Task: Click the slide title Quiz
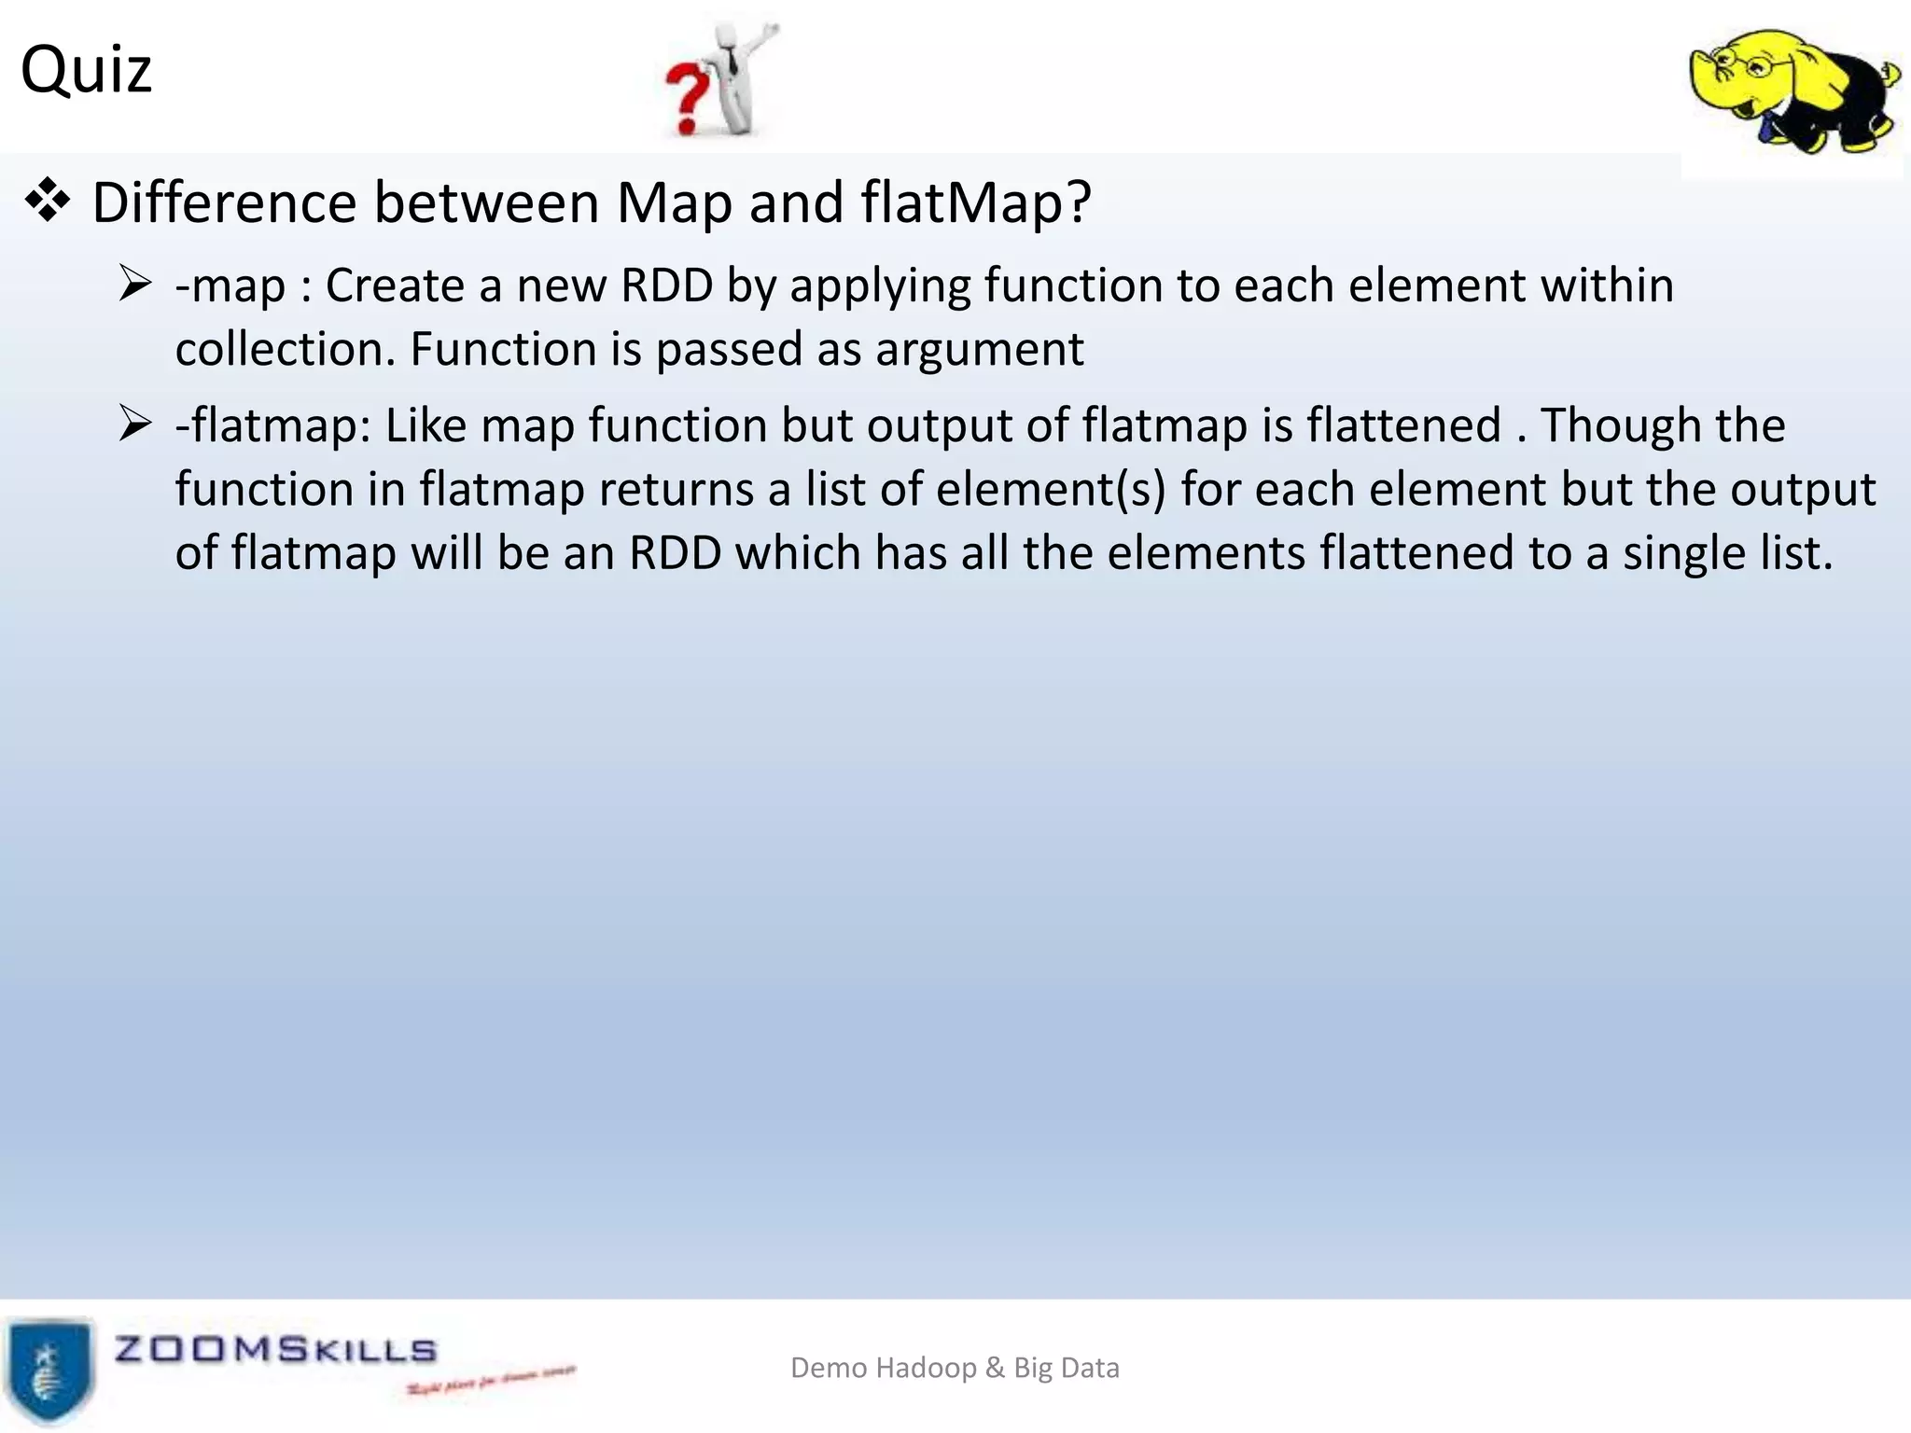[x=86, y=70]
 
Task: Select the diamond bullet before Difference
[x=48, y=202]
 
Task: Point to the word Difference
[x=224, y=202]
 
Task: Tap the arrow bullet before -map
[x=135, y=284]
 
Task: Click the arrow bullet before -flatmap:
[x=135, y=424]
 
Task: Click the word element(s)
[x=1051, y=490]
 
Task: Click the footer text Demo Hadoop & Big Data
[x=955, y=1368]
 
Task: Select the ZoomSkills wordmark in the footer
[x=275, y=1350]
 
